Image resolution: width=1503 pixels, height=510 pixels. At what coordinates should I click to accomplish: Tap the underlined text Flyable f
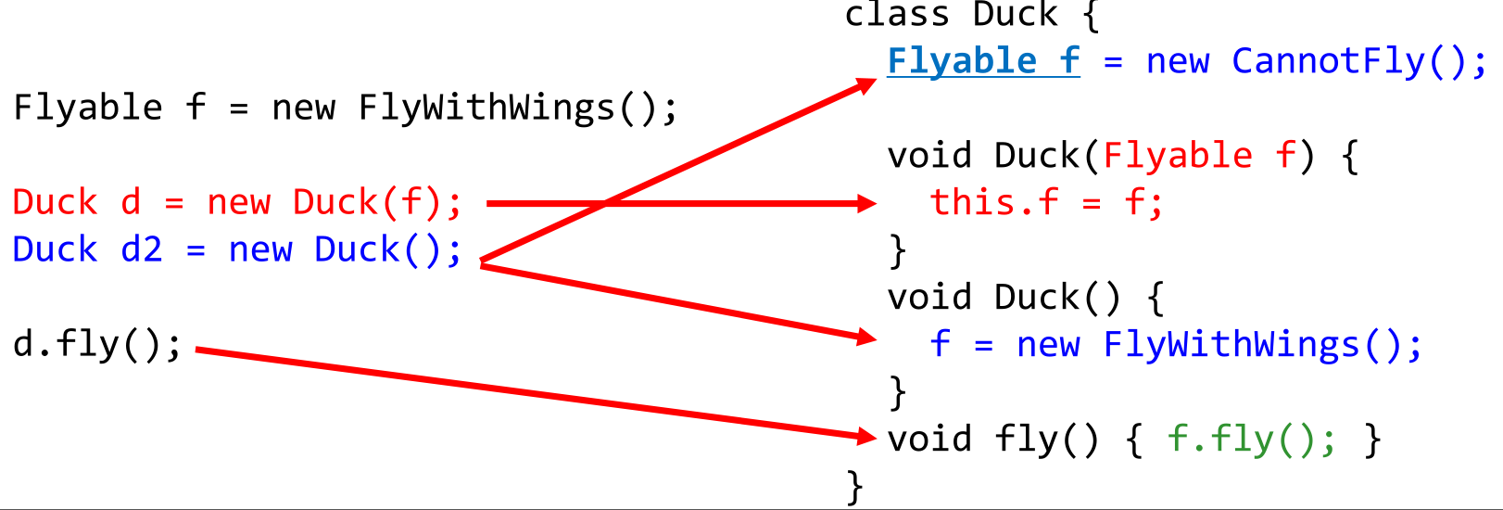pos(983,62)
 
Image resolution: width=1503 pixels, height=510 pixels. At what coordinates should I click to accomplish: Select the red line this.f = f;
pos(1046,203)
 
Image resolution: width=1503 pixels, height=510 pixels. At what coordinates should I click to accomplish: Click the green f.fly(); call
pos(1251,439)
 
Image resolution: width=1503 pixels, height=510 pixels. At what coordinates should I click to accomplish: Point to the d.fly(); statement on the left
pos(97,345)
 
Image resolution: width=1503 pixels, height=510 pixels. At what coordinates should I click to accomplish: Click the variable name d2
pos(142,250)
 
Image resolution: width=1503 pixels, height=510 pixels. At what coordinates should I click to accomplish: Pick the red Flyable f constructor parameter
pos(1199,156)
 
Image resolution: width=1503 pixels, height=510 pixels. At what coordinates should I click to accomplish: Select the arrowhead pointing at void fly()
pos(867,436)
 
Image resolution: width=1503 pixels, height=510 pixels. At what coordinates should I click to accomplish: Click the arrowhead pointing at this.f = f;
pos(867,203)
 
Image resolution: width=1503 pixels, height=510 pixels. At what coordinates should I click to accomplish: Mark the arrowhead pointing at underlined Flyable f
pos(866,86)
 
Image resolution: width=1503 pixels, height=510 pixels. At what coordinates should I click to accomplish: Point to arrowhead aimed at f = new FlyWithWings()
pos(867,338)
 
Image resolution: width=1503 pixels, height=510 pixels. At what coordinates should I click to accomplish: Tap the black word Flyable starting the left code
pos(88,108)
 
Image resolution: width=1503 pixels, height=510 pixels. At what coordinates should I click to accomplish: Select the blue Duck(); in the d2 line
pos(387,250)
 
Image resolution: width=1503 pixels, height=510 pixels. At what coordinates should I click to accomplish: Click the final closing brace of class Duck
pos(854,486)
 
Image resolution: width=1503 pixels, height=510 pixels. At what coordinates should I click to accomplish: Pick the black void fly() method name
pos(992,439)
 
